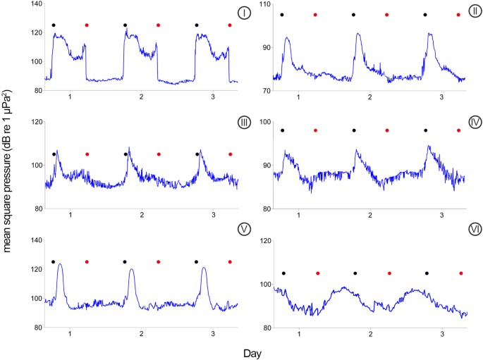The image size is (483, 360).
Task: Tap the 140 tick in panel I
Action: tap(35, 4)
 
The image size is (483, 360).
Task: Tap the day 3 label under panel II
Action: tap(441, 96)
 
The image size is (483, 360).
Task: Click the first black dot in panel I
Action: tap(53, 25)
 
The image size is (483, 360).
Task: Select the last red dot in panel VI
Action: tap(461, 273)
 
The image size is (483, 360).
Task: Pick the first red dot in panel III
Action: tap(87, 154)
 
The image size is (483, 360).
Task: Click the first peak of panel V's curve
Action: tap(60, 264)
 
